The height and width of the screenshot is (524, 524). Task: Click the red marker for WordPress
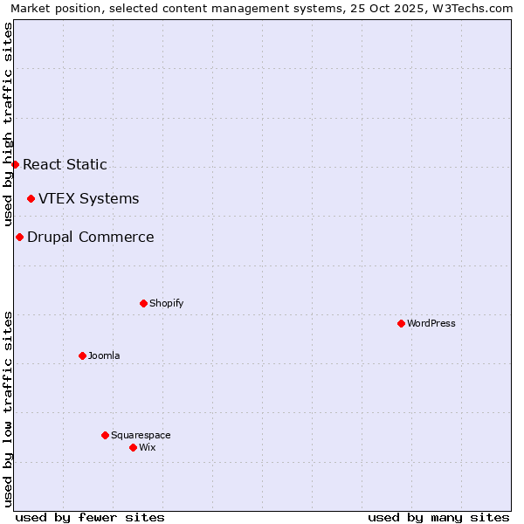point(401,323)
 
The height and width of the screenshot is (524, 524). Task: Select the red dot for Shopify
point(143,303)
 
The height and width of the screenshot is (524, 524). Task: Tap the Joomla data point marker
point(82,355)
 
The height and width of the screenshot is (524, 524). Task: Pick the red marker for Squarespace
point(105,435)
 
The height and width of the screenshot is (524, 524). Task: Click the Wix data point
point(133,447)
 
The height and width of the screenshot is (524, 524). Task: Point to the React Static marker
point(15,164)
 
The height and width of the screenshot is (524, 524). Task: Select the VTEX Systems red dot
point(31,198)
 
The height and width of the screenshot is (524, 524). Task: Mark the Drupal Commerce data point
point(19,237)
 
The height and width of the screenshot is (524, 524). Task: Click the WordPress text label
point(431,323)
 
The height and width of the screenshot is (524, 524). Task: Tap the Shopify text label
point(166,303)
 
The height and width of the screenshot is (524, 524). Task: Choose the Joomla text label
point(104,355)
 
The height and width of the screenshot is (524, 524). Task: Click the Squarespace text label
point(141,435)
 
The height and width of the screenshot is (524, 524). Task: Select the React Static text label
point(65,164)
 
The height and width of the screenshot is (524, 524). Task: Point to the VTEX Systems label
point(88,198)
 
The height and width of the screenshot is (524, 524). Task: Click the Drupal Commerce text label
point(90,237)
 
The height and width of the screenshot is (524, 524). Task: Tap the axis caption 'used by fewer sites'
point(90,517)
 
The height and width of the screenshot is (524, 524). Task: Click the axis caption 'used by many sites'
point(438,517)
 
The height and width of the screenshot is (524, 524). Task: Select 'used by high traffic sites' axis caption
point(8,124)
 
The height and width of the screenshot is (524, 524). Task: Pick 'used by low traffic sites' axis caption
point(8,409)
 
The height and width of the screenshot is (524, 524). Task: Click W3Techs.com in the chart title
point(472,8)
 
